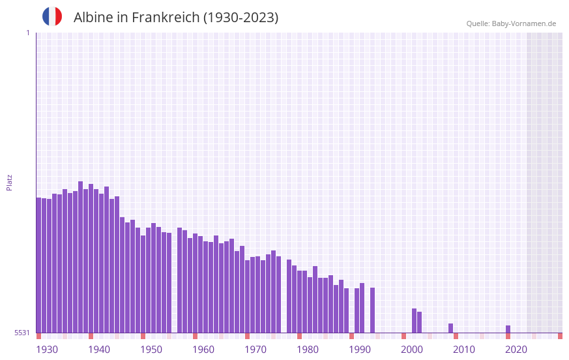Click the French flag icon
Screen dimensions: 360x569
coord(52,16)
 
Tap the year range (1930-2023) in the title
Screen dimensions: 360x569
coord(241,18)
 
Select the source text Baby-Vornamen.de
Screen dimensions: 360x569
coord(523,23)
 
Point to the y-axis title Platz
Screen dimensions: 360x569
coord(9,182)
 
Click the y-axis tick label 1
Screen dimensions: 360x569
coord(27,33)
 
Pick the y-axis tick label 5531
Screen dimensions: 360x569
coord(22,333)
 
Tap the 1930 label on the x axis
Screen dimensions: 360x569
coord(47,350)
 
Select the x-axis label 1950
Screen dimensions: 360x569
coord(151,350)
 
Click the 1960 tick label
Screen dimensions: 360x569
coord(203,350)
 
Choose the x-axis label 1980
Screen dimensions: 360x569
coord(308,350)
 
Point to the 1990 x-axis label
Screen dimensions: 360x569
coord(360,350)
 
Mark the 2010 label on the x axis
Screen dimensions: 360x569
coord(464,350)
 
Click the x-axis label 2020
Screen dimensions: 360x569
coord(516,350)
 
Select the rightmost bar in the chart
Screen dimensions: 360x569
coord(508,329)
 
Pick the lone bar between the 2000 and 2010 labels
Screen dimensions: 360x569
coord(450,328)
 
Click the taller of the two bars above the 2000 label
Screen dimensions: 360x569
coord(414,320)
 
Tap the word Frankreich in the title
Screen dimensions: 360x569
coord(166,18)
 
